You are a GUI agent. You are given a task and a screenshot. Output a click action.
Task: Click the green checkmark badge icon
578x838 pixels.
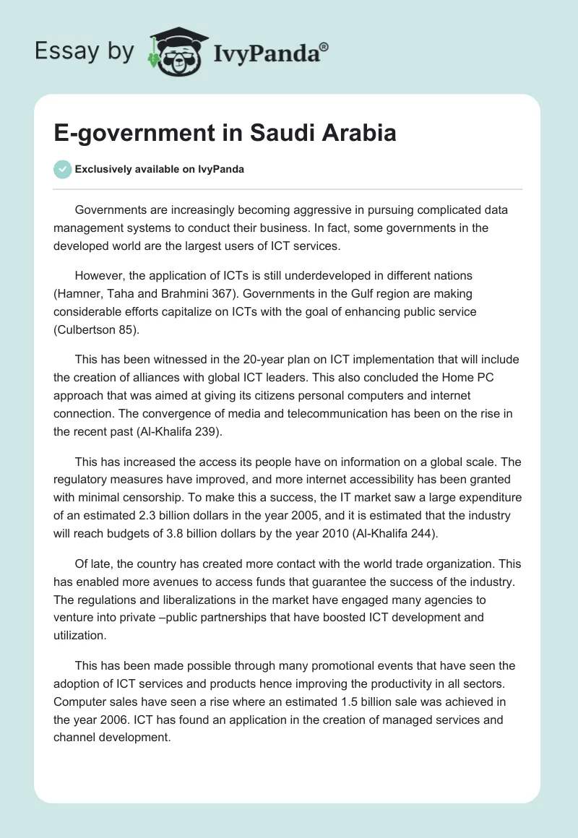point(62,170)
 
